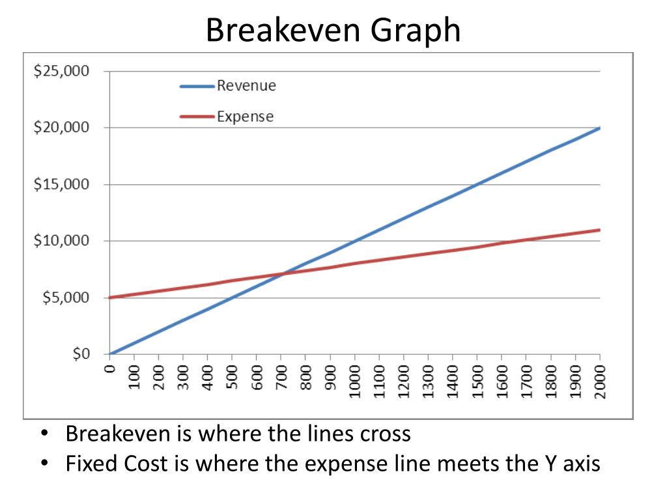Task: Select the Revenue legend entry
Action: pyautogui.click(x=246, y=85)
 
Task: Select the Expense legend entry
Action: pyautogui.click(x=245, y=117)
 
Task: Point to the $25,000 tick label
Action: pyautogui.click(x=62, y=71)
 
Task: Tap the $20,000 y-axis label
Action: pyautogui.click(x=62, y=128)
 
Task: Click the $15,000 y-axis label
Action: pyautogui.click(x=62, y=184)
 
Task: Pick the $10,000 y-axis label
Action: pyautogui.click(x=62, y=241)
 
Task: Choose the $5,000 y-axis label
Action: pyautogui.click(x=65, y=298)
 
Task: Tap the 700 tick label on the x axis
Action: pyautogui.click(x=281, y=377)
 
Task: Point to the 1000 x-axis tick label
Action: pyautogui.click(x=355, y=380)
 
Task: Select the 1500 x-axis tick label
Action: pyautogui.click(x=477, y=380)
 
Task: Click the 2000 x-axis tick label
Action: pyautogui.click(x=600, y=380)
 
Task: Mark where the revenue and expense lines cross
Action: pyautogui.click(x=282, y=274)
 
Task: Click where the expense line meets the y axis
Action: pyautogui.click(x=110, y=298)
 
